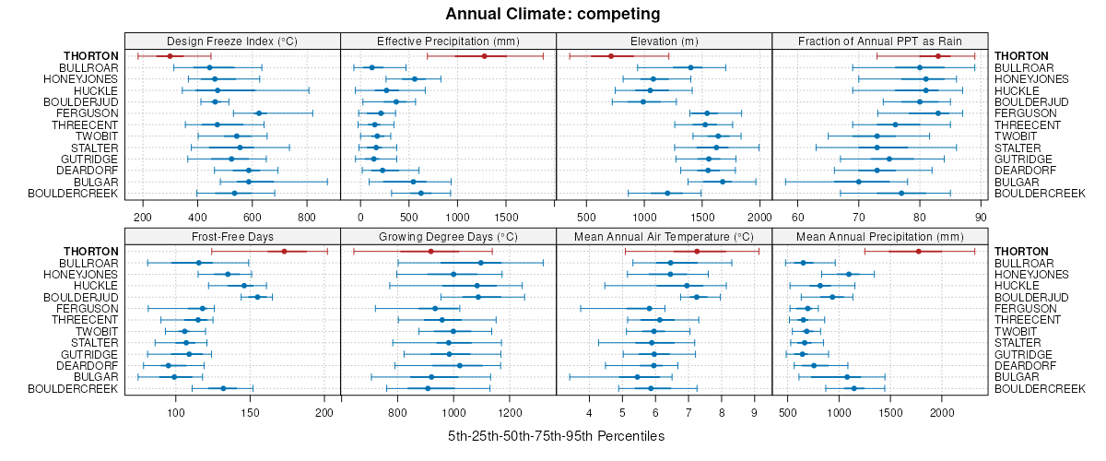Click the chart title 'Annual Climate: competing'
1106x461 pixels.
[x=553, y=14]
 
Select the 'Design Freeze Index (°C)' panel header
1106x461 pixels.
[x=232, y=41]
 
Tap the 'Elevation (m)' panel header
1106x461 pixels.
[x=664, y=41]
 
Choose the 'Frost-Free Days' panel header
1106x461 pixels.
[x=232, y=236]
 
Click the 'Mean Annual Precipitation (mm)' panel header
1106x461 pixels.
[x=879, y=236]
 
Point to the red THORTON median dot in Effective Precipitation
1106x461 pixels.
[x=484, y=56]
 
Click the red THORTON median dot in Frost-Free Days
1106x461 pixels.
[x=284, y=252]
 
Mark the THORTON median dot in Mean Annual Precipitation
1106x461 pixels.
[x=918, y=252]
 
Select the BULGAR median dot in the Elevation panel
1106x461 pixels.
[x=723, y=182]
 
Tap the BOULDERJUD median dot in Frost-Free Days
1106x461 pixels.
[x=257, y=297]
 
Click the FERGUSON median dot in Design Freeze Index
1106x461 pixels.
[x=259, y=113]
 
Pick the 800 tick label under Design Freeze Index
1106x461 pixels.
[x=307, y=217]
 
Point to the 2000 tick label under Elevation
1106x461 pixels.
[x=759, y=217]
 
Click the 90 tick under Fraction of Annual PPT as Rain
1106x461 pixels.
[x=980, y=217]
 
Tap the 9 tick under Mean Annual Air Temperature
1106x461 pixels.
[x=754, y=412]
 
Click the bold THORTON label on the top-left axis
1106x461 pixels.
[x=91, y=56]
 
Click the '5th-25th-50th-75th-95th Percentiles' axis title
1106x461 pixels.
[x=556, y=435]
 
